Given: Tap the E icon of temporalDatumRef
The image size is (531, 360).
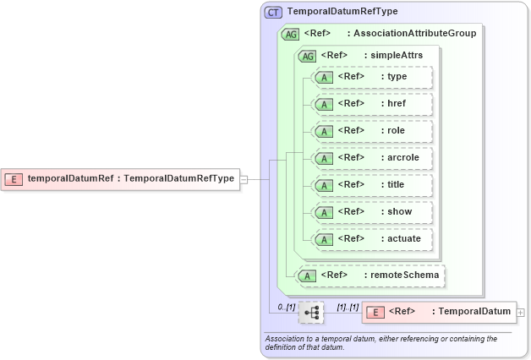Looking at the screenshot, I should [x=14, y=178].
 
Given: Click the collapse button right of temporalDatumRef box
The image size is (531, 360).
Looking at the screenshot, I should [x=244, y=178].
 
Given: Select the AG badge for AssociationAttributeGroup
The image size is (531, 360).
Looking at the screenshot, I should [x=290, y=33].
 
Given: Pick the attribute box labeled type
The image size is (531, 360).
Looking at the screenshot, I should [x=373, y=77].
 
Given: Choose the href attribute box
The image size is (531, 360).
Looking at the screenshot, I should [x=373, y=104].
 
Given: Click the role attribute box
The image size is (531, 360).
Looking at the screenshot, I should [x=373, y=131].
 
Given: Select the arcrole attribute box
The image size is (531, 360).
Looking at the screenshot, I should [x=373, y=158].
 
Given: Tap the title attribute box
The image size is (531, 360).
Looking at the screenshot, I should [x=373, y=185].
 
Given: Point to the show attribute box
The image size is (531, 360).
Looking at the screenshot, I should [x=373, y=212].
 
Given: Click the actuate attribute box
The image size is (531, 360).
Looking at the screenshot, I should [x=373, y=239].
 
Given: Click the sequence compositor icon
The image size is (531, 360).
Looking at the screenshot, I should [x=311, y=312].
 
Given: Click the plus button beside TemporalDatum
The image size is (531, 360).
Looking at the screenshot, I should [x=520, y=312].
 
